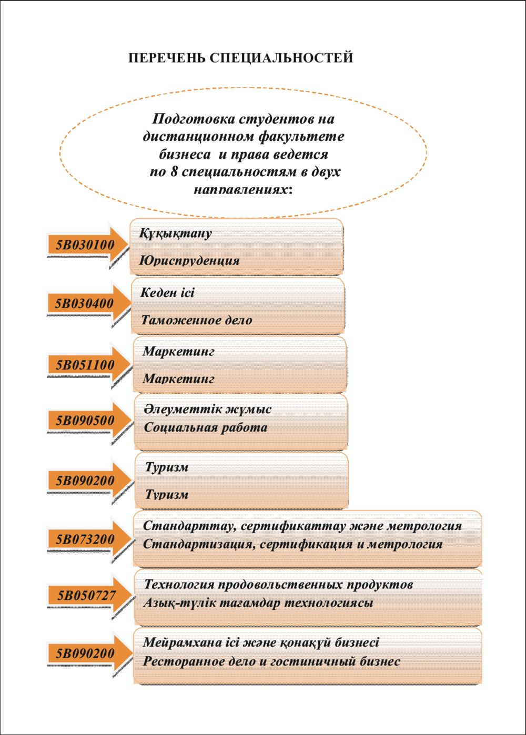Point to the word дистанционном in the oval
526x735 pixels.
click(x=199, y=137)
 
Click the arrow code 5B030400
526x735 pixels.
click(x=85, y=304)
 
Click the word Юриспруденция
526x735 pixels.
click(x=190, y=260)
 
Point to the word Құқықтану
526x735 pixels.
click(x=176, y=233)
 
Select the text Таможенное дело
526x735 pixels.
click(x=197, y=320)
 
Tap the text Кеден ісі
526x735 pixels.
click(x=167, y=293)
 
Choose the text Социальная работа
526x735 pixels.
click(x=206, y=427)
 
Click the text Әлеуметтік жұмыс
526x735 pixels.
click(x=207, y=409)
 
